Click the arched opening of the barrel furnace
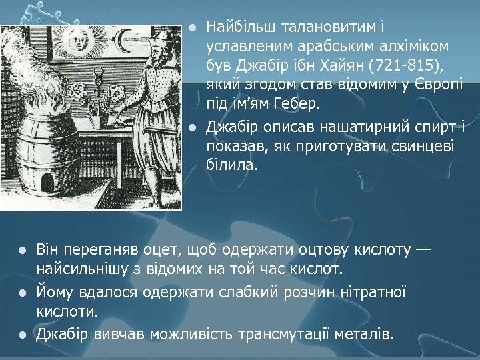47,180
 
